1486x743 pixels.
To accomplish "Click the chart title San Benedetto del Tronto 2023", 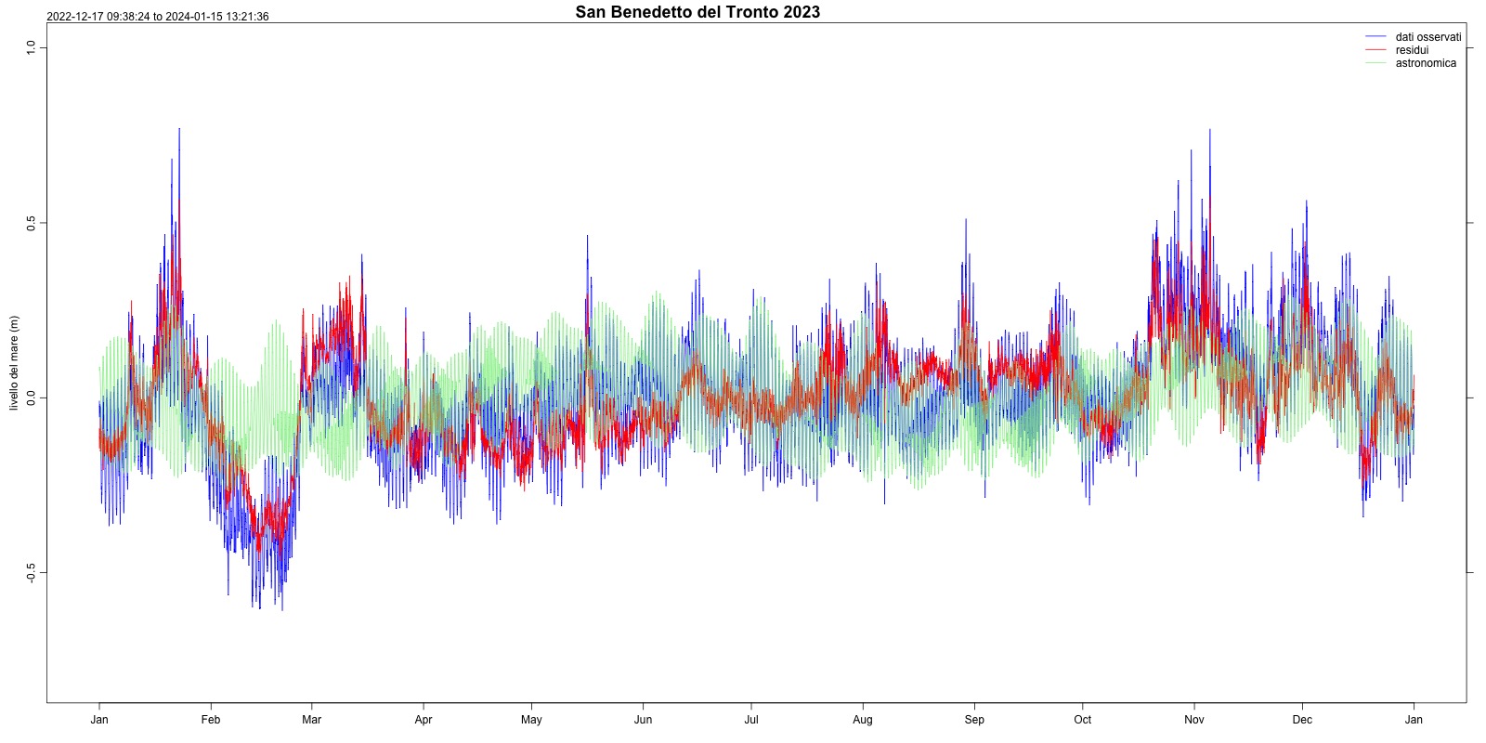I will [697, 12].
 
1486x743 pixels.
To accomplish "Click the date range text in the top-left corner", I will [158, 17].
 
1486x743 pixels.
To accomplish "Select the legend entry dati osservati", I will [1427, 37].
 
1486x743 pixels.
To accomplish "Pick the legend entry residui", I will [1412, 50].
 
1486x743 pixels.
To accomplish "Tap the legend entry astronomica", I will [1426, 63].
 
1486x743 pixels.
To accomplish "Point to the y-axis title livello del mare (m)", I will [14, 363].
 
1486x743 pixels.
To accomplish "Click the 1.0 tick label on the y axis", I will [31, 47].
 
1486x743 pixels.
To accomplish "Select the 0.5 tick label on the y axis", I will [31, 223].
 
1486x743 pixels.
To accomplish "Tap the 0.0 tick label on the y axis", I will [31, 398].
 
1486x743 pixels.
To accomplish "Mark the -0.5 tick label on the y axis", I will [31, 573].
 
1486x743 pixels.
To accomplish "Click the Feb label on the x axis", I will [211, 720].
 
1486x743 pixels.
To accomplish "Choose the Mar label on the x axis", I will [312, 720].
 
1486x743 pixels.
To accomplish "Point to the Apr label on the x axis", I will [424, 720].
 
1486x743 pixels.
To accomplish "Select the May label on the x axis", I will [531, 720].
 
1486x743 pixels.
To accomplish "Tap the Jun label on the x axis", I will [643, 720].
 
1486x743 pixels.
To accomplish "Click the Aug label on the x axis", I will [863, 720].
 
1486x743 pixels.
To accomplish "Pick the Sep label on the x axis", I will [974, 720].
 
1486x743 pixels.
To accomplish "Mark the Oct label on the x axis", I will [1083, 720].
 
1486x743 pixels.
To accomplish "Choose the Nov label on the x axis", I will [1194, 720].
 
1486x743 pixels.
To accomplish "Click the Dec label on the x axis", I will [1302, 720].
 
